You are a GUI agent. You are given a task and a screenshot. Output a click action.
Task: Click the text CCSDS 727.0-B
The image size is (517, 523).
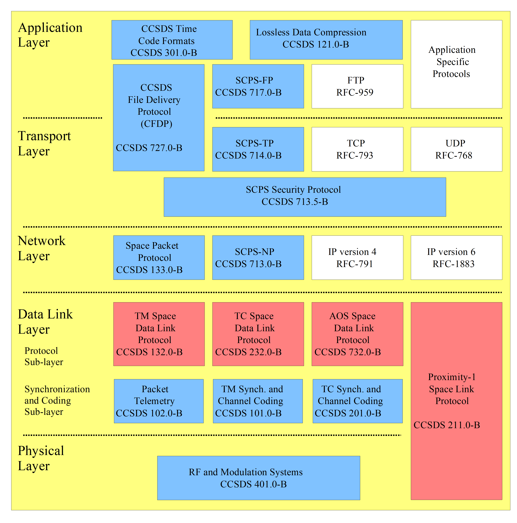pos(149,148)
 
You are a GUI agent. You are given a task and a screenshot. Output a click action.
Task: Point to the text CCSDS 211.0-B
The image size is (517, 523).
pos(447,425)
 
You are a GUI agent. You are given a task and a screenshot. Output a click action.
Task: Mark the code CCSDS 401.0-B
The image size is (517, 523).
pos(253,484)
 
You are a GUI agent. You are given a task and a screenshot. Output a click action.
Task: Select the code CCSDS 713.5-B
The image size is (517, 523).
pos(295,202)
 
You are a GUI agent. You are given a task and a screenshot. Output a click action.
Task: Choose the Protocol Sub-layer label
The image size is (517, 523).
pos(44,356)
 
